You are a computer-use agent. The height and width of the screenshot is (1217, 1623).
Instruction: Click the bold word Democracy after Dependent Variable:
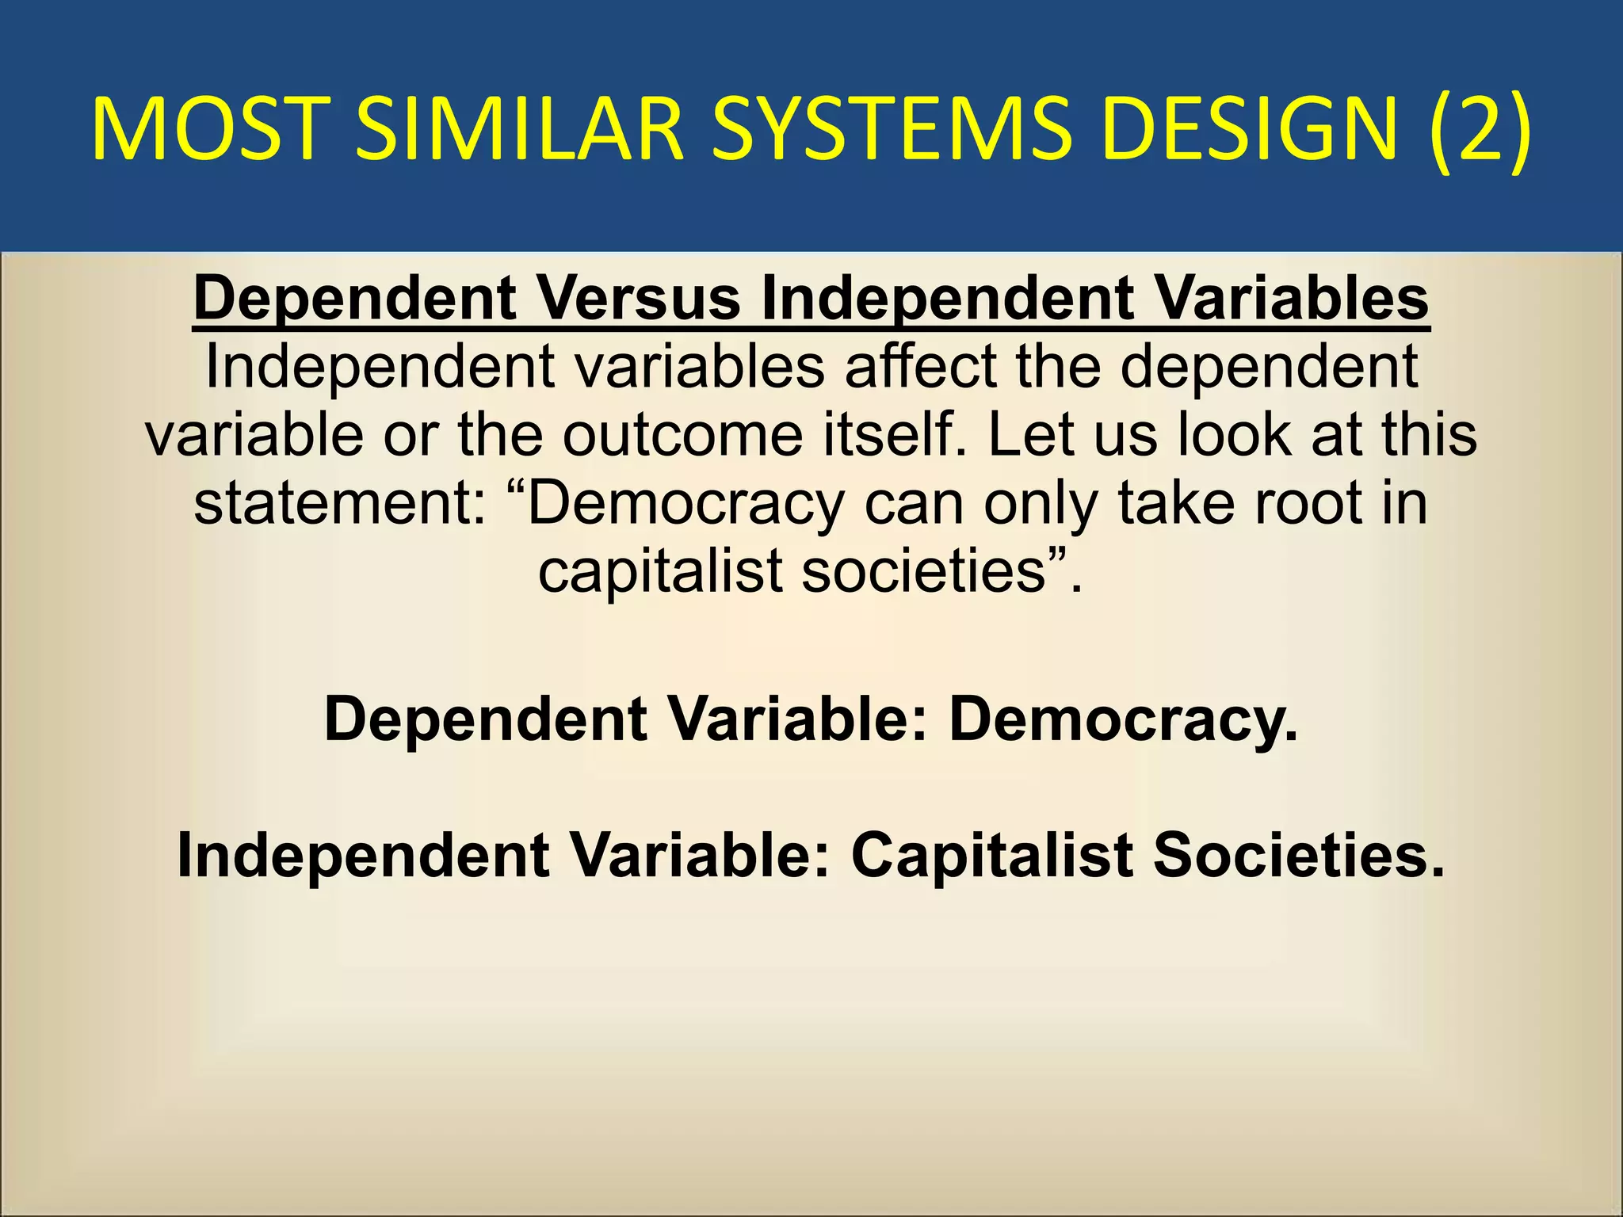click(1123, 719)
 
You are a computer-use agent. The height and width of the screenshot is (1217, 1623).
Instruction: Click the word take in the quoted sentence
click(1175, 503)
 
